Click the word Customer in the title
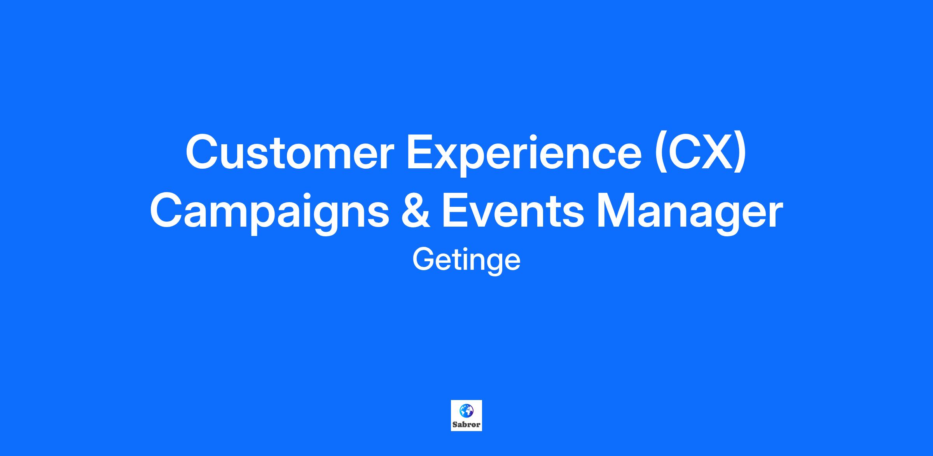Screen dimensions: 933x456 [290, 152]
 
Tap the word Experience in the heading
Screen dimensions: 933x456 [524, 156]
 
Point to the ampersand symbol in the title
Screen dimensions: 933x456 [415, 211]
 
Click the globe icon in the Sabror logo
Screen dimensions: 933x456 [466, 410]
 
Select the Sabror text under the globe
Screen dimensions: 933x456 [466, 425]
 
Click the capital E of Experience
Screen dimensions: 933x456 [421, 152]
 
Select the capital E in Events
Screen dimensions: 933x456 [456, 211]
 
